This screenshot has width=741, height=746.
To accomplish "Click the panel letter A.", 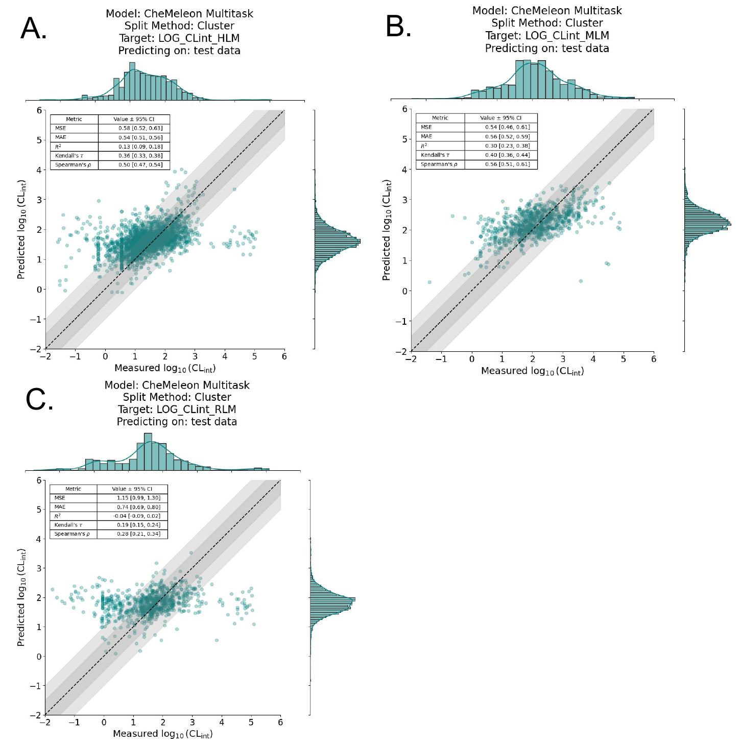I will point(33,29).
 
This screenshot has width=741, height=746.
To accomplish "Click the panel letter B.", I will point(398,27).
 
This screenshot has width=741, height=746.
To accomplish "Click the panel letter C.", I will point(39,400).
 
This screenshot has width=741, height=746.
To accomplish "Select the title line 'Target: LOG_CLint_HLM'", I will point(179,38).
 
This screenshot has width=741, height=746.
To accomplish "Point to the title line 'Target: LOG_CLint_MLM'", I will point(547,36).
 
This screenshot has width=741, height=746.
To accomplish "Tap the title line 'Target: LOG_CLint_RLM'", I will point(177,410).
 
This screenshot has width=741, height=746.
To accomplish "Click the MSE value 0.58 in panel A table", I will point(134,128).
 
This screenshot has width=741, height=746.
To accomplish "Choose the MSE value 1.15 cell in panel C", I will point(132,498).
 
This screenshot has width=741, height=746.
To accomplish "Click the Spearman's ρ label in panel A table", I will point(74,165).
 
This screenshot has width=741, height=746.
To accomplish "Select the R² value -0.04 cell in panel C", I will point(132,516).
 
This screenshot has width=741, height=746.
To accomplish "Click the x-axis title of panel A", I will point(165,368).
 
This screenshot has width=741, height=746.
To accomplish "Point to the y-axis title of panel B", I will point(387,230).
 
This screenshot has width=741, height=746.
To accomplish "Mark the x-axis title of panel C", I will point(162,734).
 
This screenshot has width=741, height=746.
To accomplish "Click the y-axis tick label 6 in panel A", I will point(39,110).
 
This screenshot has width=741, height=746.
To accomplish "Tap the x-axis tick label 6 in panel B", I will point(653,359).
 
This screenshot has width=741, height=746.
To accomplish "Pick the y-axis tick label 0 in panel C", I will point(38,657).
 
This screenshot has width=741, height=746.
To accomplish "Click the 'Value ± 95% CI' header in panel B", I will point(500,118).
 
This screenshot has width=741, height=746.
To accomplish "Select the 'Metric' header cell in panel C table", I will point(73,489).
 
